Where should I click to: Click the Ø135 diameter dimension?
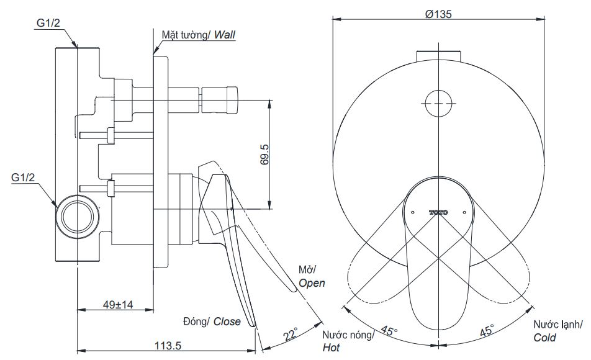click(x=438, y=15)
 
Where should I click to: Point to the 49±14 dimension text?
click(x=114, y=305)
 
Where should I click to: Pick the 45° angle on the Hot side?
click(x=389, y=330)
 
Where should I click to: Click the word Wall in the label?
click(x=225, y=34)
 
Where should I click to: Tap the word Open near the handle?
click(x=312, y=282)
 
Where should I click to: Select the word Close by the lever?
click(x=227, y=321)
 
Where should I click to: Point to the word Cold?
click(x=544, y=338)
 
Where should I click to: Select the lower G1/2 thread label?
click(x=24, y=178)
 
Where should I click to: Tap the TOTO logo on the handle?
click(x=438, y=212)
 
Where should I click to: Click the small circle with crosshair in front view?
click(x=438, y=99)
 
